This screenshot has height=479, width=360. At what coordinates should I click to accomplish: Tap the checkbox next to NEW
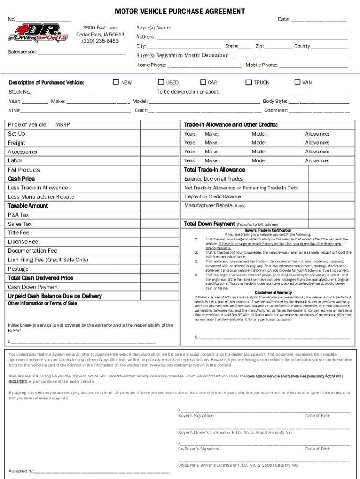pyautogui.click(x=116, y=82)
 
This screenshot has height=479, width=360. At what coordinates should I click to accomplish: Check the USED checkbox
pyautogui.click(x=161, y=82)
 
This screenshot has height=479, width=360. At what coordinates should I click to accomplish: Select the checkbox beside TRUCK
pyautogui.click(x=249, y=82)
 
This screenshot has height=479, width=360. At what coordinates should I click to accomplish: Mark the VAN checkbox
pyautogui.click(x=297, y=82)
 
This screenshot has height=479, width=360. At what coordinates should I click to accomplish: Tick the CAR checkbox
pyautogui.click(x=203, y=82)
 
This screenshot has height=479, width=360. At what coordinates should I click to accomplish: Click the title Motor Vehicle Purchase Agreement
pyautogui.click(x=180, y=11)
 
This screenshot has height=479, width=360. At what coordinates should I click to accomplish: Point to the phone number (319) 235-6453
pyautogui.click(x=100, y=41)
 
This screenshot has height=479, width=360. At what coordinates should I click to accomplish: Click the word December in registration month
pyautogui.click(x=215, y=55)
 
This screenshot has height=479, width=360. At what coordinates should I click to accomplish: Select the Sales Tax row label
pyautogui.click(x=20, y=224)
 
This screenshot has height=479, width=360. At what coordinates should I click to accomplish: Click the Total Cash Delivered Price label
pyautogui.click(x=41, y=278)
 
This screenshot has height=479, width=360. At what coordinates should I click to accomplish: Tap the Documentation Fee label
pyautogui.click(x=32, y=251)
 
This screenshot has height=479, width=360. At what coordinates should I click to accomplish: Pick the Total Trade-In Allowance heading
pyautogui.click(x=214, y=170)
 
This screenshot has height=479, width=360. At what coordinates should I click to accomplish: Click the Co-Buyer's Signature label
pyautogui.click(x=199, y=449)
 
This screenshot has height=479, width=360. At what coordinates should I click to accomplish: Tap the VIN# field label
pyautogui.click(x=14, y=111)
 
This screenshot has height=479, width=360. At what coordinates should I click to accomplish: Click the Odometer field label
pyautogui.click(x=276, y=111)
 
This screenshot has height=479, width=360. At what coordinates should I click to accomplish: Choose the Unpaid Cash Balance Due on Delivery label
pyautogui.click(x=55, y=296)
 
